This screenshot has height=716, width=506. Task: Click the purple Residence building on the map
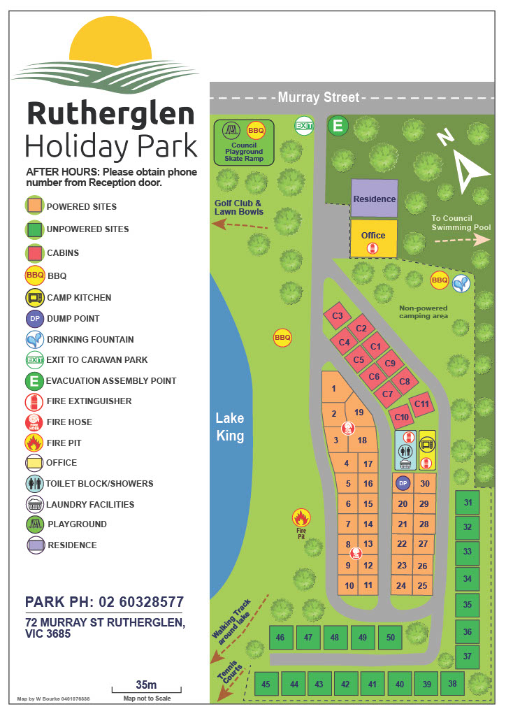pyautogui.click(x=374, y=199)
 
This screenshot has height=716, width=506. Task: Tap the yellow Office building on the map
pyautogui.click(x=374, y=238)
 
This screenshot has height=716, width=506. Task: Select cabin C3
pyautogui.click(x=338, y=316)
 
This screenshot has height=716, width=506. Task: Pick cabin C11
pyautogui.click(x=421, y=403)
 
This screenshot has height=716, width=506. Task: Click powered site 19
pyautogui.click(x=359, y=413)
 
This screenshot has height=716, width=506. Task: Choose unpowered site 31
pyautogui.click(x=468, y=503)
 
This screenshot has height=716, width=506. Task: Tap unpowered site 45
pyautogui.click(x=266, y=685)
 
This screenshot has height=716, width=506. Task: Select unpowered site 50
pyautogui.click(x=390, y=637)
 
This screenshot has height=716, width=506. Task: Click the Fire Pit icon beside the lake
pyautogui.click(x=301, y=518)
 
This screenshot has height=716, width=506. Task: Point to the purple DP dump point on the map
pyautogui.click(x=402, y=483)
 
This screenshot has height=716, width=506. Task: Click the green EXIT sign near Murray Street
pyautogui.click(x=304, y=126)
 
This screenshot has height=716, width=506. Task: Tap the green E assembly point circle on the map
pyautogui.click(x=339, y=126)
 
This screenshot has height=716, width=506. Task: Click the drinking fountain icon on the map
pyautogui.click(x=461, y=282)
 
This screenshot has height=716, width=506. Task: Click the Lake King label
pyautogui.click(x=229, y=427)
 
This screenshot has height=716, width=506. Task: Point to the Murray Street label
pyautogui.click(x=318, y=98)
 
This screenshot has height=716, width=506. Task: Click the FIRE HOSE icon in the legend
pyautogui.click(x=35, y=422)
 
